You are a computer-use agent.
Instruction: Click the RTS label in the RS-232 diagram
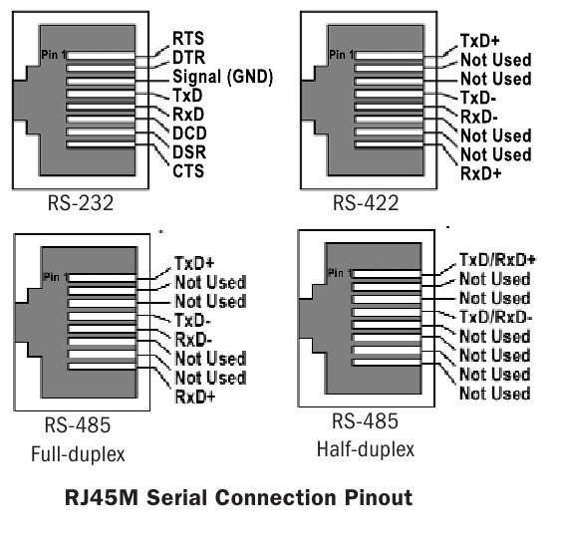pos(188,38)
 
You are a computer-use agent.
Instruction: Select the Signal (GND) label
pos(222,77)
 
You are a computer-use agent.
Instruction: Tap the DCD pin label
pos(189,134)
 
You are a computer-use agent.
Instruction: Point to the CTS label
pos(188,171)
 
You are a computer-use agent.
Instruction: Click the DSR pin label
pos(189,152)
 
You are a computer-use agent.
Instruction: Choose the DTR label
pos(189,57)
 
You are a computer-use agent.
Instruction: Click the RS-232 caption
pos(81,203)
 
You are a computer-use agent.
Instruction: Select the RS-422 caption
pos(366,203)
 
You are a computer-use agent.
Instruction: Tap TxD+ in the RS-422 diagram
pos(479,41)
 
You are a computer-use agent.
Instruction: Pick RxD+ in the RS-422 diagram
pos(481,173)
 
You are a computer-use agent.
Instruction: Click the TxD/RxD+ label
pos(497,260)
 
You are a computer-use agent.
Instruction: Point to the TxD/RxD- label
pos(495,317)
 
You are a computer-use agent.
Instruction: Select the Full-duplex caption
pos(78,454)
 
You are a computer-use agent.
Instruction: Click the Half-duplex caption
pos(366,449)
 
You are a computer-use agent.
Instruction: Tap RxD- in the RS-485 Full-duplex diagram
pos(193,340)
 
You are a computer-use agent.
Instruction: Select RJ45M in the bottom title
pos(102,497)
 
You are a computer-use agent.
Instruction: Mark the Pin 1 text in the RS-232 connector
pos(54,55)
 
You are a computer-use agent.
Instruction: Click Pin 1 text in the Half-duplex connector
pos(340,273)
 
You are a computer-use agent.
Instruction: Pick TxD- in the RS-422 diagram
pos(478,98)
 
